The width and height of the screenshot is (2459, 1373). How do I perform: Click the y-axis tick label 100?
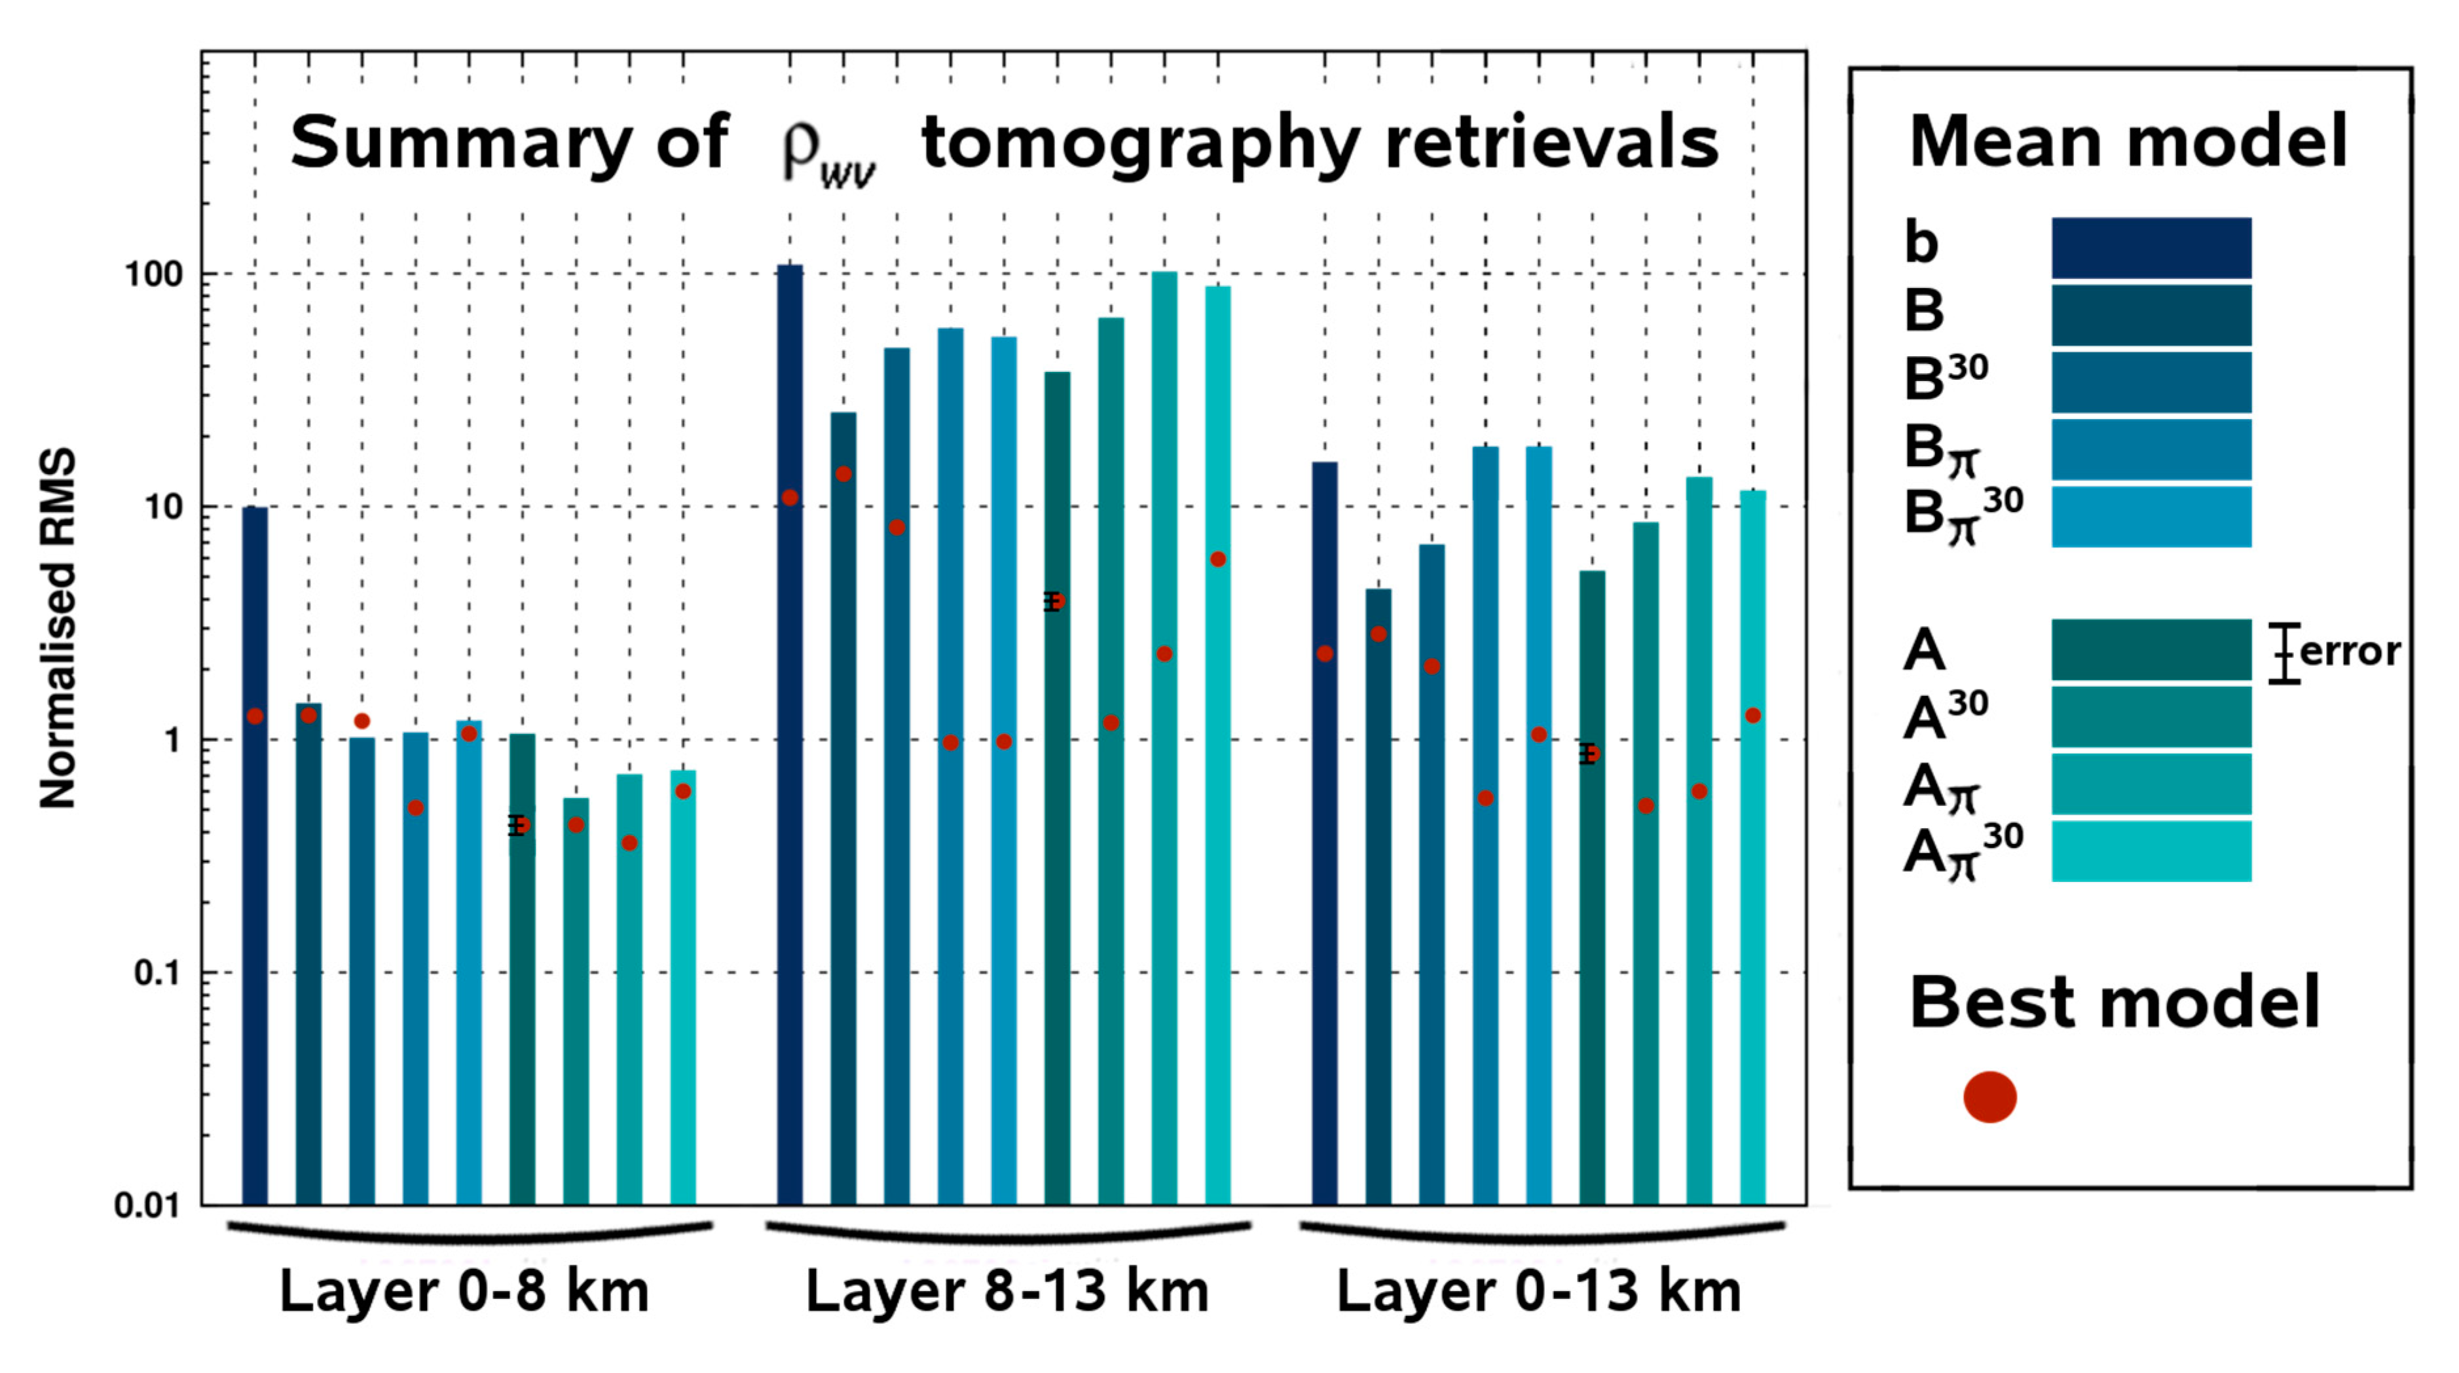click(x=153, y=275)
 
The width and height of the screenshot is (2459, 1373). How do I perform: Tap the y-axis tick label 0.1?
click(x=157, y=973)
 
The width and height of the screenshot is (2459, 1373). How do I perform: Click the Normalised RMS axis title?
click(x=57, y=630)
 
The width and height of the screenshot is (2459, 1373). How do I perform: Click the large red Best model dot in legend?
click(x=1989, y=1097)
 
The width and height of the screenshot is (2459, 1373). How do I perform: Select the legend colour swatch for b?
click(x=2151, y=248)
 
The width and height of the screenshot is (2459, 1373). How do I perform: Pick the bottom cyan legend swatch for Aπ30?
click(x=2151, y=851)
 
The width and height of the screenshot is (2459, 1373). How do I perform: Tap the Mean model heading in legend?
click(x=2128, y=141)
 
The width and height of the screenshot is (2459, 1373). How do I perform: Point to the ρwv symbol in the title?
click(x=826, y=153)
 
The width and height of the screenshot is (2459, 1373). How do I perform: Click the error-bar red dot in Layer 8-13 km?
click(x=1055, y=601)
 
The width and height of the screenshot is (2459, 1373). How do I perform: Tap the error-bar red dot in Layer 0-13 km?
click(x=1589, y=754)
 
